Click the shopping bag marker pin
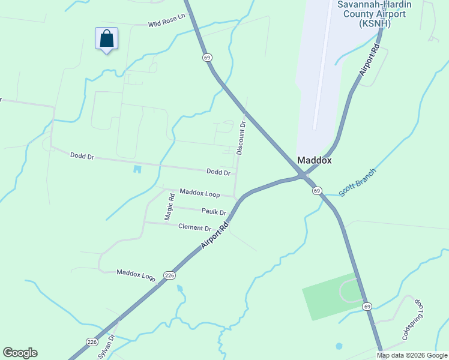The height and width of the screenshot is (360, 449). [x=106, y=39]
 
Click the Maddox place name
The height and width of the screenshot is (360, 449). [x=315, y=161]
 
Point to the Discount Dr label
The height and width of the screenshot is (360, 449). [x=241, y=139]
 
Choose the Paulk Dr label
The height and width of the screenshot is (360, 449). [x=214, y=212]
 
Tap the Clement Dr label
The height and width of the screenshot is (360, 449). [x=195, y=227]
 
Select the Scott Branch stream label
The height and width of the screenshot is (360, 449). [x=357, y=183]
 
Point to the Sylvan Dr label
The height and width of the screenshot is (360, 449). [x=106, y=347]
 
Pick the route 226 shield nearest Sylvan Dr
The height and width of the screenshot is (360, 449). [x=92, y=342]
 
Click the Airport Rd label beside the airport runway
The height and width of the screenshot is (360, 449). [x=370, y=59]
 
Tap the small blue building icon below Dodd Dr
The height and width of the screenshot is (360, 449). [x=137, y=169]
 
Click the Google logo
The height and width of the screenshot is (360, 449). [x=20, y=353]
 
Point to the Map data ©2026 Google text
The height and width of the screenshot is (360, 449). [x=412, y=355]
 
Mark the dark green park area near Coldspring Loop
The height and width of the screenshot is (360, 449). [x=327, y=297]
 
